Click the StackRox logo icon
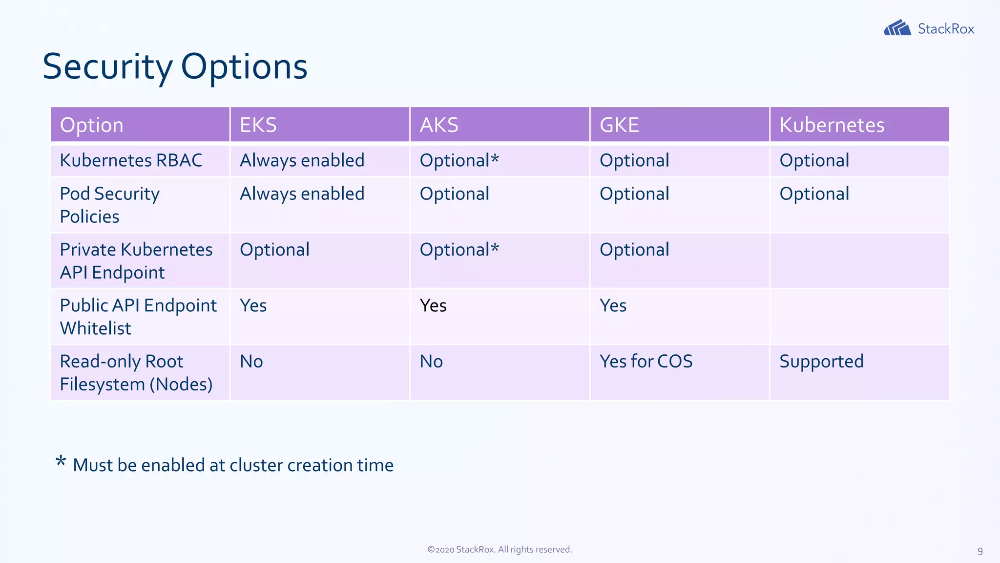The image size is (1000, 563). tap(897, 28)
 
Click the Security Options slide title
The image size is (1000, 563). tap(175, 66)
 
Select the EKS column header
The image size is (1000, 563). tap(258, 125)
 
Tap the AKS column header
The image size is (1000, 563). tap(439, 125)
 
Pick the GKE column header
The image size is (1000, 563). tap(619, 125)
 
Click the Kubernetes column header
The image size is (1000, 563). tap(832, 125)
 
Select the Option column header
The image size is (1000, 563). tap(92, 125)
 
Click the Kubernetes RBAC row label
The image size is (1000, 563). tap(131, 160)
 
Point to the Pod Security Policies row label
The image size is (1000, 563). tap(109, 205)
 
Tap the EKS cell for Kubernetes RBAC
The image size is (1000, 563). tap(302, 160)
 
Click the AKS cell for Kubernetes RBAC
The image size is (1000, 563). tap(459, 160)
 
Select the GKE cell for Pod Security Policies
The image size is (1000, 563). tap(634, 194)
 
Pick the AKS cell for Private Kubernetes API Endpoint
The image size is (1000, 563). tap(459, 250)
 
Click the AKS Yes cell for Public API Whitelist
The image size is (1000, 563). tap(433, 305)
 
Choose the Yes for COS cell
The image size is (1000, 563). tap(646, 362)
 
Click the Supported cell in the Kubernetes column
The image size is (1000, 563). tap(821, 362)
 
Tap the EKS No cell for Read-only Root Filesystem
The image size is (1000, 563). tap(251, 362)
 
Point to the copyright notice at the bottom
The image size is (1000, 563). tap(500, 549)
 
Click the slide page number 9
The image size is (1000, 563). tap(979, 551)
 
